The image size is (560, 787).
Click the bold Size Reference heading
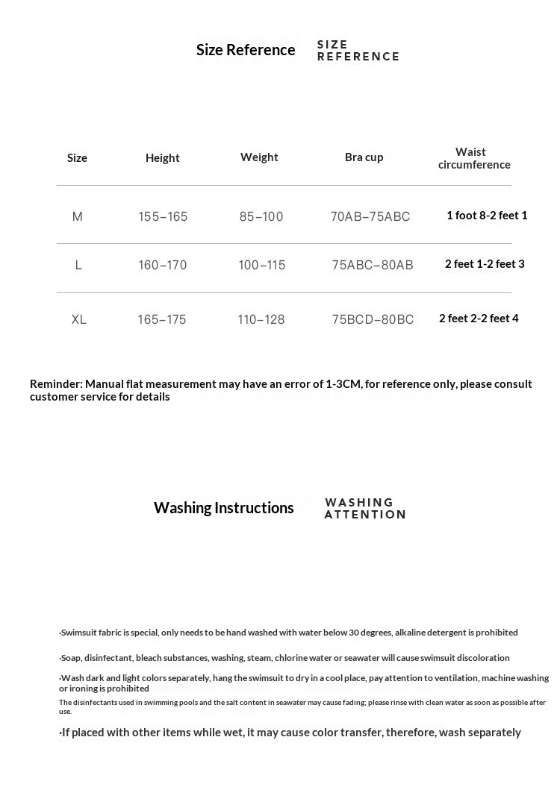pyautogui.click(x=246, y=50)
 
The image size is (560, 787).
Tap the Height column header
pyautogui.click(x=163, y=157)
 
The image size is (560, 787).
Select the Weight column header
pyautogui.click(x=259, y=157)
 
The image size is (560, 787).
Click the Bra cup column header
pyautogui.click(x=364, y=157)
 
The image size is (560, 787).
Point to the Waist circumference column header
pyautogui.click(x=474, y=158)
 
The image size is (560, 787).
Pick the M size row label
pyautogui.click(x=78, y=216)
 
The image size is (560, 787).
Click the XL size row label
pyautogui.click(x=79, y=319)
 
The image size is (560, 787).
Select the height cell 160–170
pyautogui.click(x=163, y=265)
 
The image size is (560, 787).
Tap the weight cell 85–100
pyautogui.click(x=261, y=216)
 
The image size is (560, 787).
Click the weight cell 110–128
pyautogui.click(x=261, y=319)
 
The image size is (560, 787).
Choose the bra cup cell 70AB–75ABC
pyautogui.click(x=370, y=216)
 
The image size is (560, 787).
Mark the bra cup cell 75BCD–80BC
pyautogui.click(x=373, y=319)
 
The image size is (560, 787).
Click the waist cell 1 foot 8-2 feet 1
pyautogui.click(x=487, y=216)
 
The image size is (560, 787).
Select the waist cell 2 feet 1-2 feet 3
pyautogui.click(x=485, y=263)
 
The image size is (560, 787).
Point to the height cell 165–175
pyautogui.click(x=162, y=319)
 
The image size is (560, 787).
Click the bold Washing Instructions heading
pyautogui.click(x=224, y=508)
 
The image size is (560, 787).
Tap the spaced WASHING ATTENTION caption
pyautogui.click(x=365, y=508)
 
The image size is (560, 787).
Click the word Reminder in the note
pyautogui.click(x=56, y=383)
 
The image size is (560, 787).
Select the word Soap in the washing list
pyautogui.click(x=71, y=658)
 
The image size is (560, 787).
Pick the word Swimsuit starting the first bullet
pyautogui.click(x=78, y=633)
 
